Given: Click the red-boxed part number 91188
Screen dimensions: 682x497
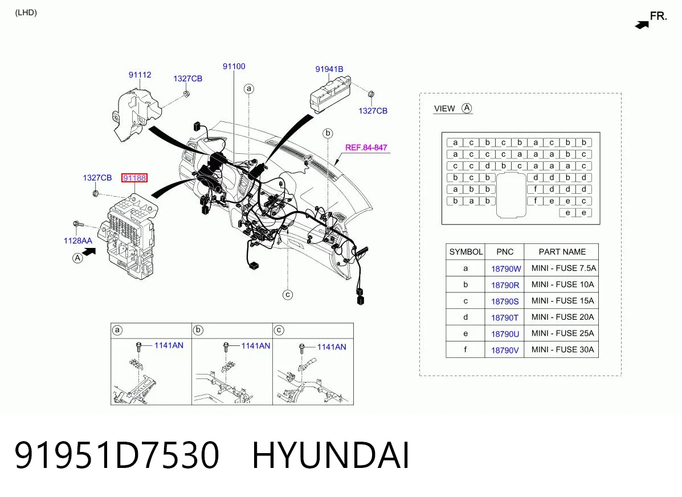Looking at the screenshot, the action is click(x=134, y=178).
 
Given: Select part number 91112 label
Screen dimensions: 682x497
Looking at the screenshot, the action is click(x=140, y=75).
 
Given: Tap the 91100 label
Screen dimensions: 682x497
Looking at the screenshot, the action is click(x=234, y=67).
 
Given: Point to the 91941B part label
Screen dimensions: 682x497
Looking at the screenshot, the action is click(x=329, y=69).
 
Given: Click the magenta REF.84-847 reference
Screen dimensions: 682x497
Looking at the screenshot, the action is click(x=366, y=148).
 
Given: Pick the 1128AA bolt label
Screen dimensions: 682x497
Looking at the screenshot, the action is click(x=78, y=241).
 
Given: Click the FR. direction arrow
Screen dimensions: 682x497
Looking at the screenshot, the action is click(x=642, y=25).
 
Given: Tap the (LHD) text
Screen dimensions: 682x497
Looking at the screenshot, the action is click(x=26, y=13).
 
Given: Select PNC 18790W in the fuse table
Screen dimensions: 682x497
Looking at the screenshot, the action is click(x=506, y=269).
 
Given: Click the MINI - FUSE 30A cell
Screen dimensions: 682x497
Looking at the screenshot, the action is click(x=562, y=349).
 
